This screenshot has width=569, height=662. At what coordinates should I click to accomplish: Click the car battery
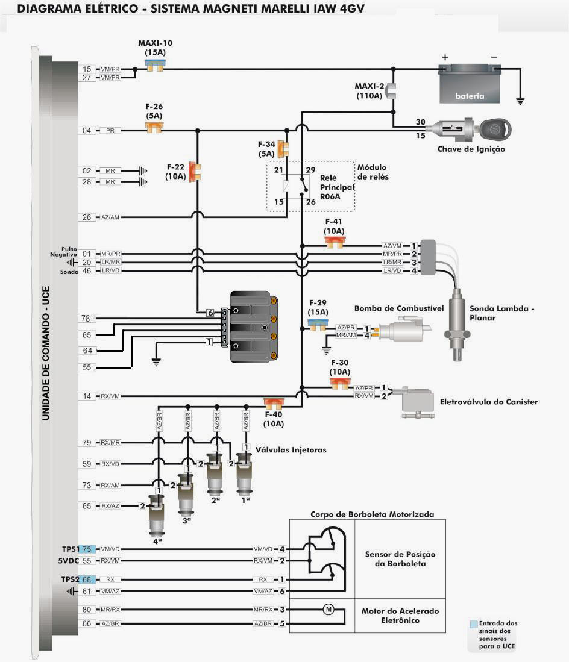[x=470, y=84]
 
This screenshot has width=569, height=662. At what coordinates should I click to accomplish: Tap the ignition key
[x=495, y=129]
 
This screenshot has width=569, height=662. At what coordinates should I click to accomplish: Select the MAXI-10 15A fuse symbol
[x=155, y=65]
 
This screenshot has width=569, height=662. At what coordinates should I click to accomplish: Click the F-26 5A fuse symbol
[x=154, y=126]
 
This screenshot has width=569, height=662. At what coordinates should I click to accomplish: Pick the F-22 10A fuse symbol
[x=194, y=172]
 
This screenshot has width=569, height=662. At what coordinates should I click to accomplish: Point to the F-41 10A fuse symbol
[x=335, y=242]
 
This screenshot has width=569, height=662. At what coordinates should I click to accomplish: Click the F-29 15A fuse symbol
[x=317, y=325]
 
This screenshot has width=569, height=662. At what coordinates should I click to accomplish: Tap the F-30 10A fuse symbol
[x=340, y=383]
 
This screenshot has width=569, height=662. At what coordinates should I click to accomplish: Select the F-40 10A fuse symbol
[x=274, y=403]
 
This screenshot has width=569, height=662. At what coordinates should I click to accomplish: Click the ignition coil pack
[x=253, y=326]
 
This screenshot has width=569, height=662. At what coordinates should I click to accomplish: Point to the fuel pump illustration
[x=404, y=330]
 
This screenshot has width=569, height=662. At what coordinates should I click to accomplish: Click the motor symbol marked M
[x=329, y=609]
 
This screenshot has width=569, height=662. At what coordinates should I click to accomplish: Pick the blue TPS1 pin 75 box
[x=87, y=549]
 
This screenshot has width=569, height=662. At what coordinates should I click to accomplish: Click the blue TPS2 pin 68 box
[x=87, y=579]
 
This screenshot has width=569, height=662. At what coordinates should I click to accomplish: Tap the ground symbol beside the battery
[x=520, y=101]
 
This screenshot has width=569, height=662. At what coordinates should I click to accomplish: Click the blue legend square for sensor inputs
[x=474, y=624]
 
